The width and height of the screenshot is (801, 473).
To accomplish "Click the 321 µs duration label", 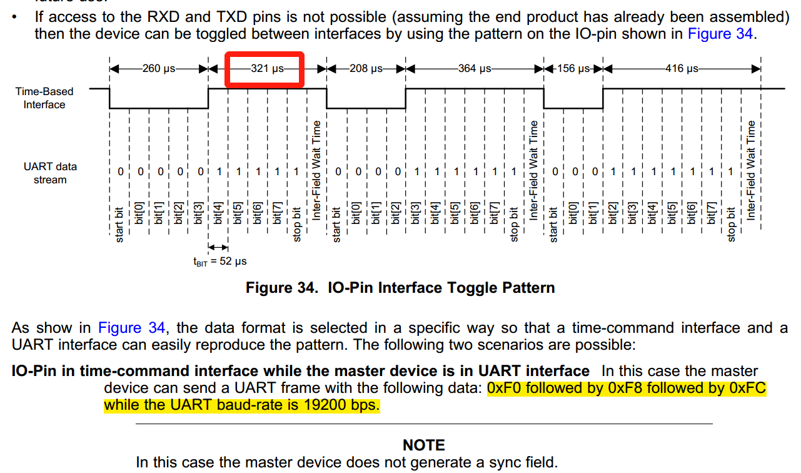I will (x=267, y=69).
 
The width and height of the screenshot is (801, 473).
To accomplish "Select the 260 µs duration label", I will (x=159, y=69).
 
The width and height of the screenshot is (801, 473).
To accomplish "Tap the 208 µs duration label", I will (x=366, y=69).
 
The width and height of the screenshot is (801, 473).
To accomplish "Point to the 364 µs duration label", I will (x=475, y=69).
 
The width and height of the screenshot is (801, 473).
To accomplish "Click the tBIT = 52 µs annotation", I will (x=219, y=262).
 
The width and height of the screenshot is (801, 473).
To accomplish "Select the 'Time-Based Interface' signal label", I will (x=44, y=98).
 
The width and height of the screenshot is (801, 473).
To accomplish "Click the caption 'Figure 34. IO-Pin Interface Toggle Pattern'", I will (x=400, y=288).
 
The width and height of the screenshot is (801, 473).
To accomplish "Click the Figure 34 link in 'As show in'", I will (x=131, y=328).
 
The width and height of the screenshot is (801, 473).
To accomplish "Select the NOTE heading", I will (x=424, y=445).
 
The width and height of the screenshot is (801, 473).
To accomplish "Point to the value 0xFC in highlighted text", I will (x=747, y=388).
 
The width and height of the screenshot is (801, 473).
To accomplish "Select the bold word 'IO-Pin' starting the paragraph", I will (x=36, y=371).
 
